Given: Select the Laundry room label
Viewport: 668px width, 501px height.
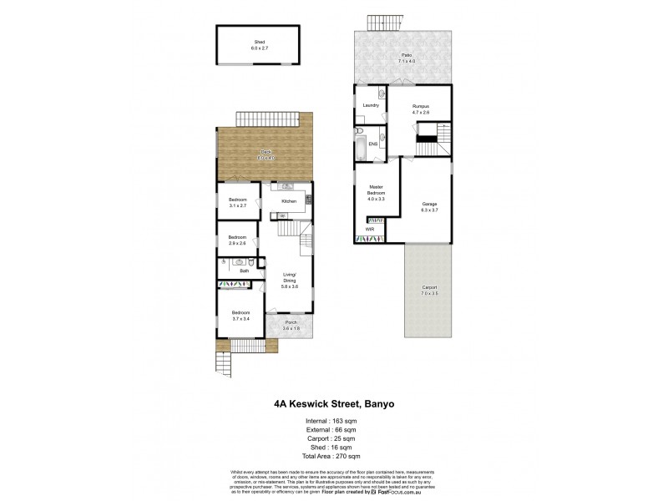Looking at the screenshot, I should click(372, 105).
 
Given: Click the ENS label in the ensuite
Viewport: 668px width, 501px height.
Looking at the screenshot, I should click(373, 144).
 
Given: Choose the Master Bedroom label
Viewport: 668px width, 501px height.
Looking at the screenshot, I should click(377, 192).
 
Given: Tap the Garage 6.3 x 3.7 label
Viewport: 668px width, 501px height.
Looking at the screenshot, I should click(429, 207).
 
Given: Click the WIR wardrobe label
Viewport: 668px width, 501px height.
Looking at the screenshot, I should click(369, 228).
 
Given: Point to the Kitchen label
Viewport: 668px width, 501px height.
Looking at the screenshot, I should click(289, 201).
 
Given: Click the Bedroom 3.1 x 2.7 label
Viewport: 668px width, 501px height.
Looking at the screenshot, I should click(238, 203).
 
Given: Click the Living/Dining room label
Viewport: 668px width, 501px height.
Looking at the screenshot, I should click(288, 281).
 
